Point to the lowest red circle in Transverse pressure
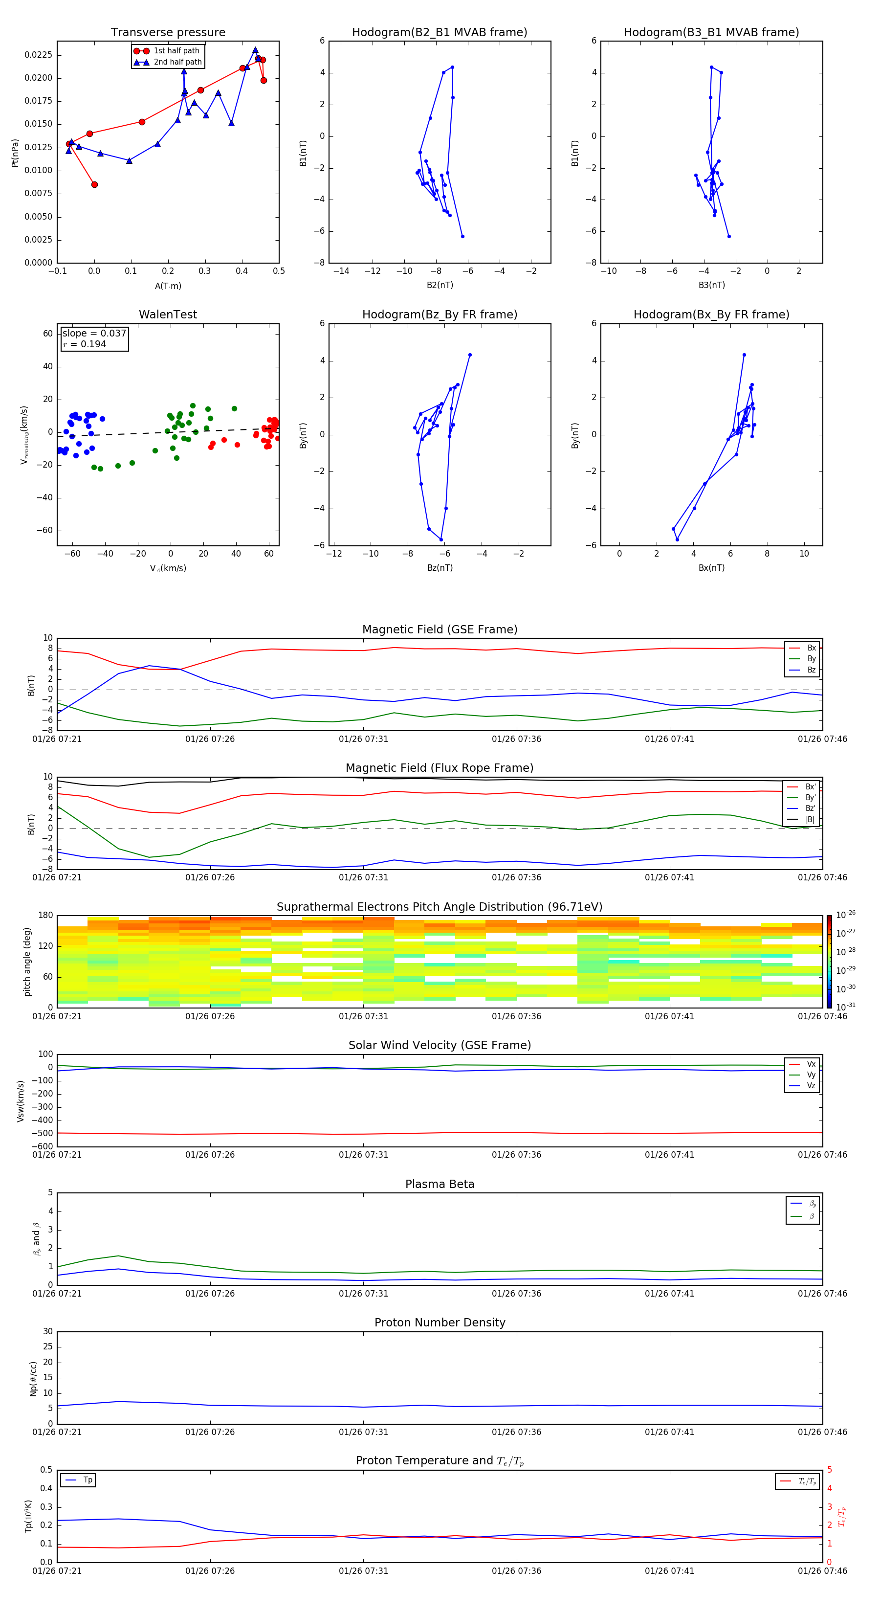94,184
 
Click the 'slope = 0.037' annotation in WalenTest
94,334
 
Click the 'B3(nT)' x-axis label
711,285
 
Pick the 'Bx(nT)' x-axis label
711,568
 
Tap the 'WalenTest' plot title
168,314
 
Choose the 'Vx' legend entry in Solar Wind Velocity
811,1064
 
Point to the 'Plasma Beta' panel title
440,1184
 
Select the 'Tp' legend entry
88,1480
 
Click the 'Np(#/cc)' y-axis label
34,1378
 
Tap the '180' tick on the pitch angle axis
46,916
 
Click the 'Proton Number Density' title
440,1323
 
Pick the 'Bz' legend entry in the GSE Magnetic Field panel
811,670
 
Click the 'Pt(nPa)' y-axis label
15,153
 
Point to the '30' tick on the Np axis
47,1331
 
